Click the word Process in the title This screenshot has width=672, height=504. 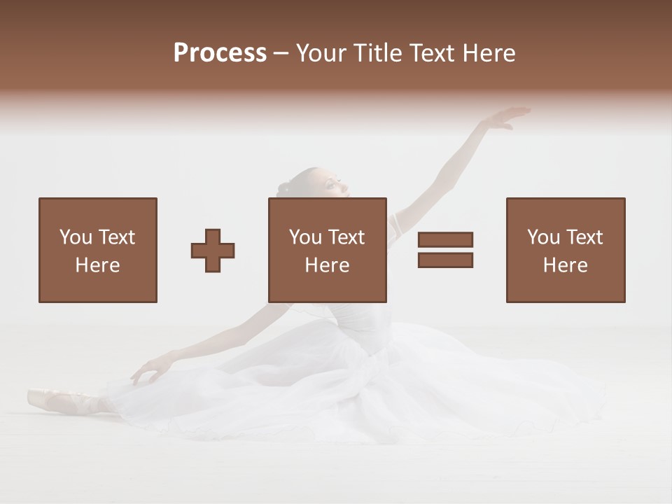tap(220, 53)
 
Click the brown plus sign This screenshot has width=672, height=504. tap(213, 250)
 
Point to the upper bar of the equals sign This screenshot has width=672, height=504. tap(445, 240)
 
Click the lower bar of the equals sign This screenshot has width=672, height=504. tap(445, 260)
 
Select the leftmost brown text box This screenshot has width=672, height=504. tap(98, 250)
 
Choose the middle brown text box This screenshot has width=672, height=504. tap(328, 250)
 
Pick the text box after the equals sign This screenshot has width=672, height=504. tap(566, 250)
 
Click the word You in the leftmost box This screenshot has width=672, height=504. tap(75, 237)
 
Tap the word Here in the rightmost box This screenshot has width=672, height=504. tap(565, 265)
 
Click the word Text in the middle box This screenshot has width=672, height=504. tap(346, 237)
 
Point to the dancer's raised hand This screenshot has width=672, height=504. tap(507, 118)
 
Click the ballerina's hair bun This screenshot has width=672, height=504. tap(283, 188)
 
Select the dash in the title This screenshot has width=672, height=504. tap(281, 53)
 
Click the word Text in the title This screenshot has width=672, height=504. tap(432, 53)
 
